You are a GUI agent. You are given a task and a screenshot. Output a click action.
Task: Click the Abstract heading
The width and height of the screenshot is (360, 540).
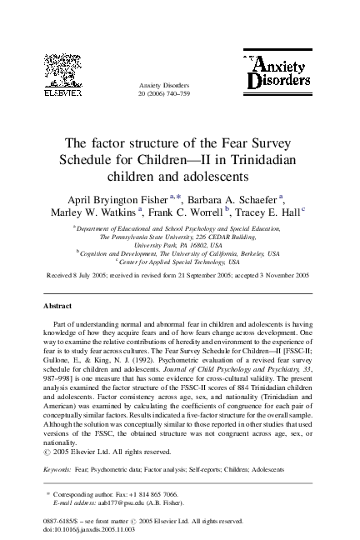(x=57, y=307)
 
